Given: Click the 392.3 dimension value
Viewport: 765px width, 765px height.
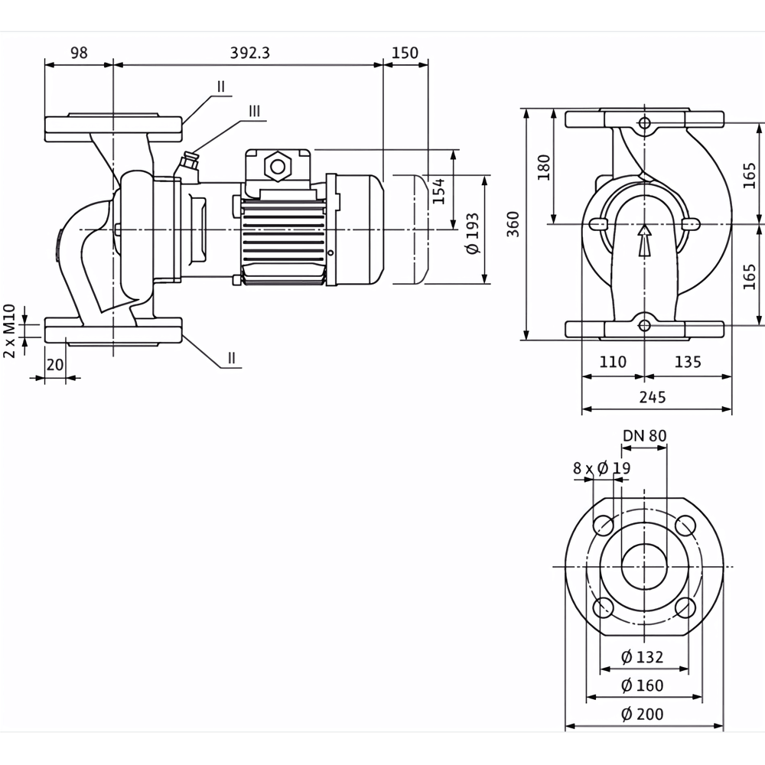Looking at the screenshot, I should (250, 53).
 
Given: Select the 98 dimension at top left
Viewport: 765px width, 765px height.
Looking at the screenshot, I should (79, 53).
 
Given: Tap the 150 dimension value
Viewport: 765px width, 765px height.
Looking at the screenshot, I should (405, 53).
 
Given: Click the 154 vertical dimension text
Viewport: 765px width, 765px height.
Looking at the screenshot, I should (438, 191).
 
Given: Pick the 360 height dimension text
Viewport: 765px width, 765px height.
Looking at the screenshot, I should (513, 224).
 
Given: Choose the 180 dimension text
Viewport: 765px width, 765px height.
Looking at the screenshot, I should (544, 167).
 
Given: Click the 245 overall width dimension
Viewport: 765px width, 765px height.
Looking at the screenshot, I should (653, 397).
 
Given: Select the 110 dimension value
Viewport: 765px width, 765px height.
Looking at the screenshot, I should (612, 362).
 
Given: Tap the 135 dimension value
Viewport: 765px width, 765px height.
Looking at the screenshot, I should (688, 362).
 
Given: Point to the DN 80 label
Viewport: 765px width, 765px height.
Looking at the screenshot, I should (644, 436).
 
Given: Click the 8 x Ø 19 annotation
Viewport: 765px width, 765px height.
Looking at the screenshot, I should (601, 468).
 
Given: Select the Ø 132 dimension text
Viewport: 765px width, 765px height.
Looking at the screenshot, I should (642, 657).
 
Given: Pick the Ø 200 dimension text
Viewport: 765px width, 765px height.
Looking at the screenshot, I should (642, 715).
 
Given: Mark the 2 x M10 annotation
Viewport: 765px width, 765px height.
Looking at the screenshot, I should (9, 330).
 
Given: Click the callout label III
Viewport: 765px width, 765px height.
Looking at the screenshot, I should (254, 111).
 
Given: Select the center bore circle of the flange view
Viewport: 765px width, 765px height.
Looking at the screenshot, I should (644, 567).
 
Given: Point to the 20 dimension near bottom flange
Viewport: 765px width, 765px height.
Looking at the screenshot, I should (55, 365).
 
